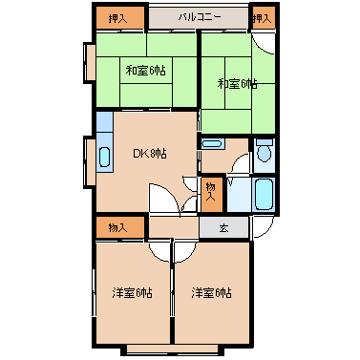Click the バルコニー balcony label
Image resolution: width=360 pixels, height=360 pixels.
click(x=199, y=17)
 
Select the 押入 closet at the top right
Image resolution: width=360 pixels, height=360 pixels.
click(x=260, y=17)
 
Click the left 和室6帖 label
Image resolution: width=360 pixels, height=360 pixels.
click(x=144, y=70)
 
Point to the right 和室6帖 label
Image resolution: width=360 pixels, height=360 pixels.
click(x=236, y=84)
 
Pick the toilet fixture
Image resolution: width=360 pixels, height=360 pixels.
click(x=265, y=151)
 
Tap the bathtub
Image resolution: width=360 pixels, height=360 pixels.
click(x=265, y=195)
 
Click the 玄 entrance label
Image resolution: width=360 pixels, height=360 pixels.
click(x=222, y=228)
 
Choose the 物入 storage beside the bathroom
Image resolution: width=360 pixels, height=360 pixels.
click(x=211, y=194)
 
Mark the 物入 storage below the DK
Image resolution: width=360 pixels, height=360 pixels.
click(x=118, y=227)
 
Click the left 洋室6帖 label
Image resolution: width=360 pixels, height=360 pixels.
click(x=132, y=292)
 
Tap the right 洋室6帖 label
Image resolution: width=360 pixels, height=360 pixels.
click(x=210, y=292)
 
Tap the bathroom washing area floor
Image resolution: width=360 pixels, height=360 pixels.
click(x=239, y=197)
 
